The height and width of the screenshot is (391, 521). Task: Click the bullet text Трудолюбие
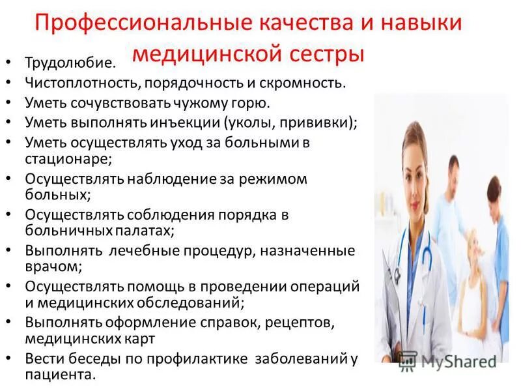tap(70, 63)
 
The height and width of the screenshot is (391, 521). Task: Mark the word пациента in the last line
tap(59, 375)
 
